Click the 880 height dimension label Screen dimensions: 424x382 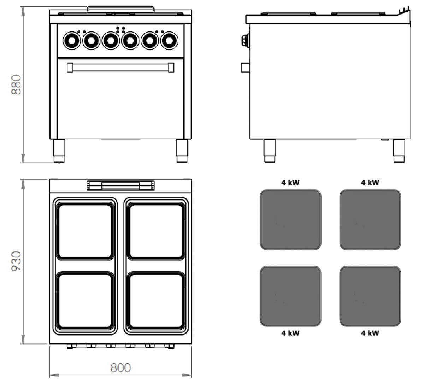(16, 85)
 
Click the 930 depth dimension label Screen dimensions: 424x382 (16, 261)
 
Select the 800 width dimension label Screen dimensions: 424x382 (120, 368)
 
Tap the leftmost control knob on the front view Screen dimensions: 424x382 (72, 41)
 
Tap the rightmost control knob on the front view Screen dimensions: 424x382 (169, 41)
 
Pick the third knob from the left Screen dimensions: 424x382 (111, 41)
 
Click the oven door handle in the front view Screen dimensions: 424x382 (120, 68)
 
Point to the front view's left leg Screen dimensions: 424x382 (59, 151)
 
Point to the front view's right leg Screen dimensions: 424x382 (182, 151)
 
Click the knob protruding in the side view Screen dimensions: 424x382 (246, 40)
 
